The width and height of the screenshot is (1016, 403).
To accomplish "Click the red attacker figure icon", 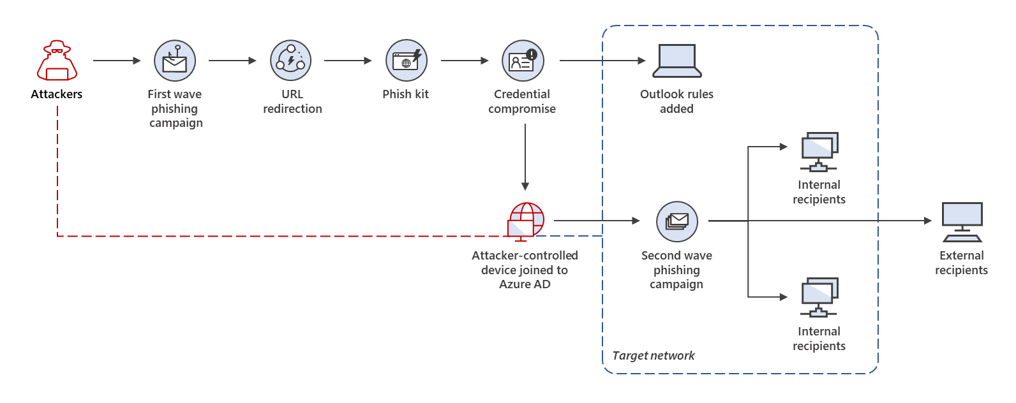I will tap(57, 61).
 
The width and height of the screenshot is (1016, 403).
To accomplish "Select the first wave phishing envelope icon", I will tap(174, 61).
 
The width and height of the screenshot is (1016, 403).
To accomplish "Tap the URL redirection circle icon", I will tap(290, 61).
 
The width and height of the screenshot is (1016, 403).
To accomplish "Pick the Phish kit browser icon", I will tap(406, 61).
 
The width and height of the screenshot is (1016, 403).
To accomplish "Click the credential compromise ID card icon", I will tap(523, 61).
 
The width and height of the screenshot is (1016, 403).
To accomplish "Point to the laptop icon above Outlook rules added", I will tap(677, 61).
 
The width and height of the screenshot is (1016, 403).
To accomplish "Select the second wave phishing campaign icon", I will tap(677, 221).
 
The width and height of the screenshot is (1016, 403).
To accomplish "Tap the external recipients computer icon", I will tap(962, 222).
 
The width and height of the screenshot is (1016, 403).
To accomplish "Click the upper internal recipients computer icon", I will tap(819, 152).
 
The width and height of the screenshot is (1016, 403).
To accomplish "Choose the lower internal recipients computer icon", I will tap(819, 297).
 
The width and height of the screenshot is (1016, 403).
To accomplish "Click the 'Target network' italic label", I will tap(653, 356).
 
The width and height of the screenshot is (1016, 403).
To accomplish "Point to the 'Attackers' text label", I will tap(57, 94).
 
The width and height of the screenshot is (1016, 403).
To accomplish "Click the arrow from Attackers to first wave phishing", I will tap(116, 61).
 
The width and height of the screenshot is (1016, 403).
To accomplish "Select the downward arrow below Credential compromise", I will tap(525, 157).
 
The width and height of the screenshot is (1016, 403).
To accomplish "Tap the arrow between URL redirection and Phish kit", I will tap(348, 61).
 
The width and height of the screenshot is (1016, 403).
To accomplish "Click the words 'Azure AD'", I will tap(525, 284).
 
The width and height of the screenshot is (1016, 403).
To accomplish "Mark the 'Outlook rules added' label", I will tap(676, 101).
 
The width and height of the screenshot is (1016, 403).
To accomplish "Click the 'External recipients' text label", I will tap(961, 263).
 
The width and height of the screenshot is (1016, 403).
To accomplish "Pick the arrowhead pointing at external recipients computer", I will tap(928, 221).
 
